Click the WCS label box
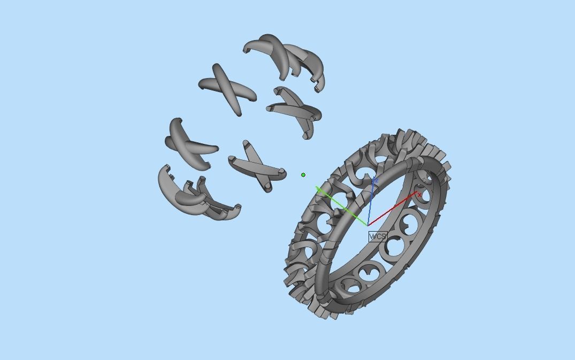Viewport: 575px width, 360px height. tap(378, 236)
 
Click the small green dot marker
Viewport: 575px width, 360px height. tap(303, 175)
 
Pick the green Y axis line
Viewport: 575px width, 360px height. tap(342, 206)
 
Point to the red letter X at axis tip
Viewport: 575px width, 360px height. tap(419, 195)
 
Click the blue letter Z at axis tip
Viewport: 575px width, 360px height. tap(375, 181)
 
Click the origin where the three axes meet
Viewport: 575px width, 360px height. tap(367, 225)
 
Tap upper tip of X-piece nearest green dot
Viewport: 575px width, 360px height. tap(246, 144)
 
